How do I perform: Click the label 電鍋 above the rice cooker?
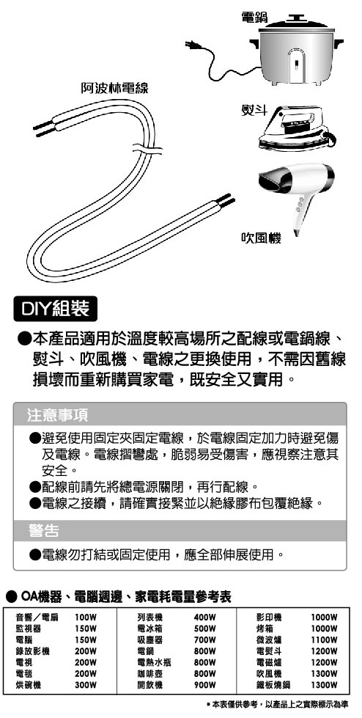click(x=254, y=18)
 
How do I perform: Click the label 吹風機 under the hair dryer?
click(x=261, y=238)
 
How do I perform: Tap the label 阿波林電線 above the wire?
click(x=114, y=88)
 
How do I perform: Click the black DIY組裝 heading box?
click(x=56, y=309)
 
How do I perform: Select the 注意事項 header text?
click(x=57, y=415)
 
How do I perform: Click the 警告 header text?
click(x=43, y=530)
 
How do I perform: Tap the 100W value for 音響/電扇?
click(x=86, y=617)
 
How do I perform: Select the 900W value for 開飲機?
click(x=204, y=685)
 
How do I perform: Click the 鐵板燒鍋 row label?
click(x=273, y=685)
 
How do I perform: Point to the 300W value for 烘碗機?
click(x=86, y=685)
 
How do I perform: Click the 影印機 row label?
click(x=269, y=617)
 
